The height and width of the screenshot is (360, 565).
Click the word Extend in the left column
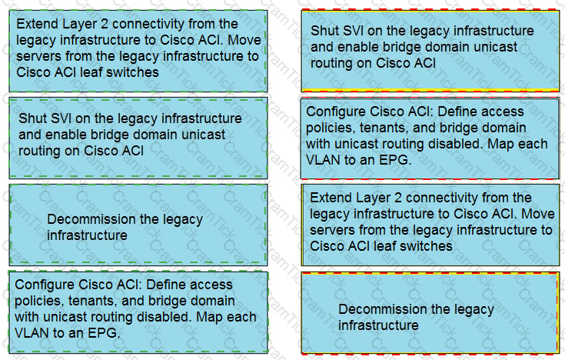point(38,24)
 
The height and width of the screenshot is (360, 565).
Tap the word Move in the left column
point(244,40)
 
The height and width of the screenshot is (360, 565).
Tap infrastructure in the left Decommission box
point(87,235)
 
